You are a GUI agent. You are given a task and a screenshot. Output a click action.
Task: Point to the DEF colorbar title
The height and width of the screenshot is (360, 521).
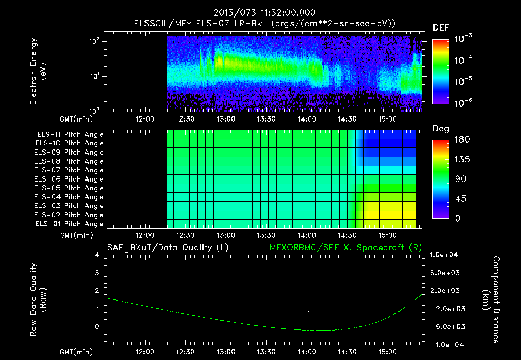[x=441, y=28]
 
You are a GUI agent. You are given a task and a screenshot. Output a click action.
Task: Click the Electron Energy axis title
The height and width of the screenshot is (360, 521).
[x=38, y=73]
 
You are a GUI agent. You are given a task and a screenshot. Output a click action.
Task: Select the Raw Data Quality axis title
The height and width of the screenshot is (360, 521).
[x=38, y=300]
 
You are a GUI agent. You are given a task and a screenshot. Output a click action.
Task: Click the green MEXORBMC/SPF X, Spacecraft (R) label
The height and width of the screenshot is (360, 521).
[x=341, y=248]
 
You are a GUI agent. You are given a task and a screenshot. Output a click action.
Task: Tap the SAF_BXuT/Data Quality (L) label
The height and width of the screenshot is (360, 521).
[x=167, y=248]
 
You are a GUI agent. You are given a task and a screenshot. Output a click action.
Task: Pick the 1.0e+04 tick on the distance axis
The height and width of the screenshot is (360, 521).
[x=445, y=255]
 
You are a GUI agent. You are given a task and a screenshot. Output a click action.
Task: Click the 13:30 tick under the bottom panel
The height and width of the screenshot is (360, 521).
[x=266, y=352]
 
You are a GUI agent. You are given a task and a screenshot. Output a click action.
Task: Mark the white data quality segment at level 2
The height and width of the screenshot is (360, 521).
[x=170, y=291]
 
